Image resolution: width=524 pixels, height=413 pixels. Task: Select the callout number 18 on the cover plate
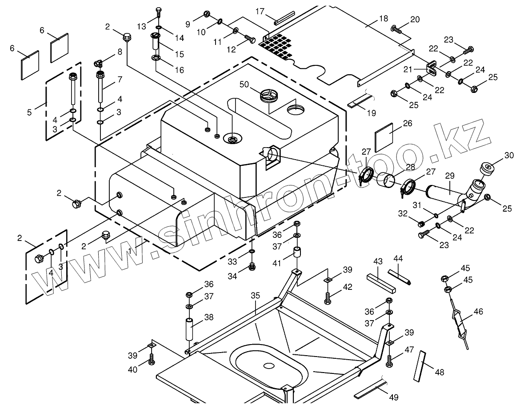383,19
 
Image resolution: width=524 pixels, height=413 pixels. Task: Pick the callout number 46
478,312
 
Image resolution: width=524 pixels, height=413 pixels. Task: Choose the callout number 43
378,262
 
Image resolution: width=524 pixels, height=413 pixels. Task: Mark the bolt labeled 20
396,30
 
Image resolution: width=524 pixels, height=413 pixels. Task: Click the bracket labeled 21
431,69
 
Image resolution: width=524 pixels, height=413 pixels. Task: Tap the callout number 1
130,251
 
